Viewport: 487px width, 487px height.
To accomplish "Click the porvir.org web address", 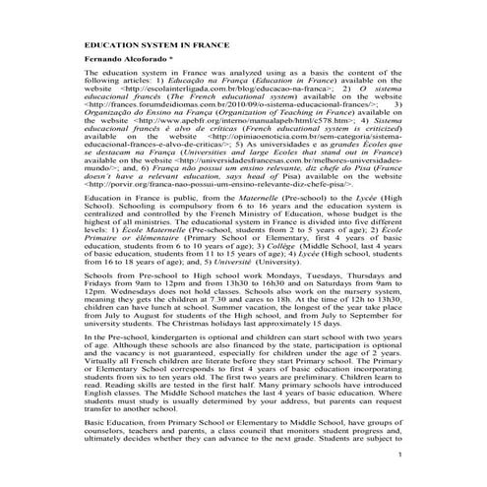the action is coord(150,183).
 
